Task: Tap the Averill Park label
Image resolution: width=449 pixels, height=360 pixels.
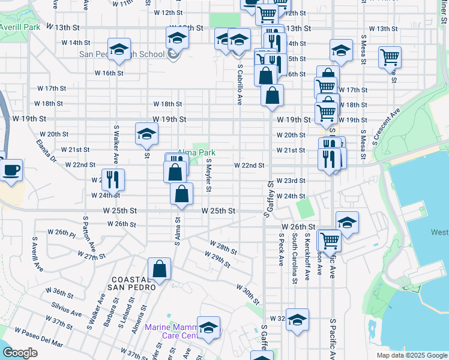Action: pyautogui.click(x=19, y=28)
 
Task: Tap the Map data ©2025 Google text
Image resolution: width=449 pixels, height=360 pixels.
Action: pyautogui.click(x=411, y=355)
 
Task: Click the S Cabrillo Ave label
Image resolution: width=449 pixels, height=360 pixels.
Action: pyautogui.click(x=240, y=84)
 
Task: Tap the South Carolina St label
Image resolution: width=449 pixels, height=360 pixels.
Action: pyautogui.click(x=294, y=258)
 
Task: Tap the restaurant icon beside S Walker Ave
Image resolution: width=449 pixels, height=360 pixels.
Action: pyautogui.click(x=112, y=178)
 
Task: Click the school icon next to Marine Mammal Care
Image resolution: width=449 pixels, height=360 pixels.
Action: pyautogui.click(x=208, y=327)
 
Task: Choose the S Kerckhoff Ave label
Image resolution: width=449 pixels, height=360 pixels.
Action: pyautogui.click(x=307, y=257)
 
